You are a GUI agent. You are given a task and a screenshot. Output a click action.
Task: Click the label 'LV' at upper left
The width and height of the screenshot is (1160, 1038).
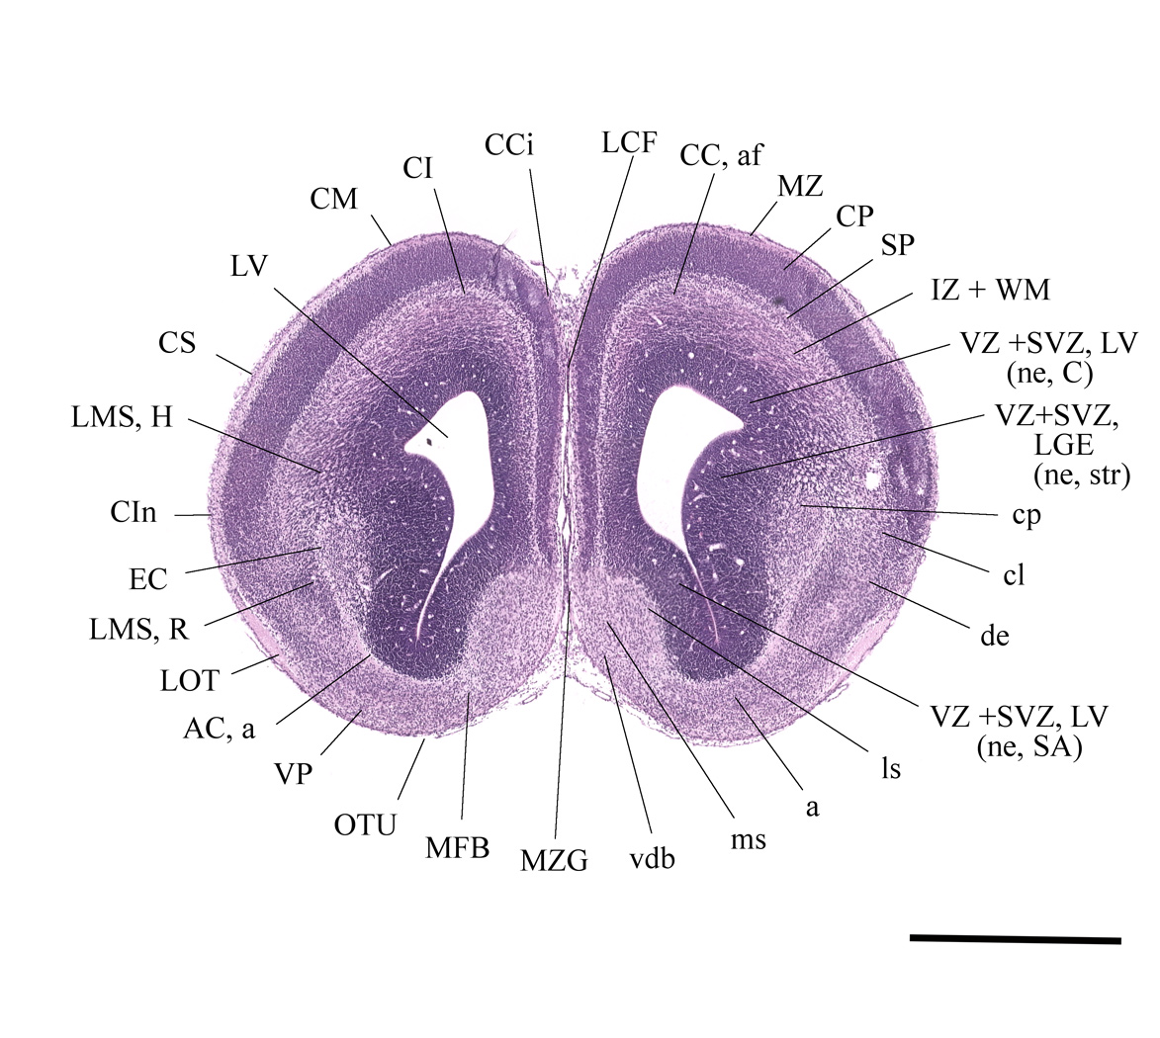[248, 266]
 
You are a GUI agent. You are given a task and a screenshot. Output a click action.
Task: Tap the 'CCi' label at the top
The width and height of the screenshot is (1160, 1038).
[509, 145]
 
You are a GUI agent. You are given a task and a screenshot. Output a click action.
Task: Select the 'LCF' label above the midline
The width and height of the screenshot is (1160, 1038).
[629, 142]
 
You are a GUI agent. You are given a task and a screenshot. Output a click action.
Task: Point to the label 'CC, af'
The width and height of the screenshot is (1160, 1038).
[721, 155]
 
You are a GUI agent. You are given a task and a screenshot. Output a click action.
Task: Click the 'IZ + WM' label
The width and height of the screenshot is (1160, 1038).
[990, 290]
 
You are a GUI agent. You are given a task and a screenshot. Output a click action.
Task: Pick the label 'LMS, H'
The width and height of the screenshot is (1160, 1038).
[122, 418]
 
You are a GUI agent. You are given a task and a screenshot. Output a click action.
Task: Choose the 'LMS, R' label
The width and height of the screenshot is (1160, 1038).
[139, 629]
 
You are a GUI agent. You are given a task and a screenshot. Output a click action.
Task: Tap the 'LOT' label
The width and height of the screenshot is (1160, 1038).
[190, 680]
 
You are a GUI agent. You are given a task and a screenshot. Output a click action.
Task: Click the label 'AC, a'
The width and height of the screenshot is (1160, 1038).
[219, 729]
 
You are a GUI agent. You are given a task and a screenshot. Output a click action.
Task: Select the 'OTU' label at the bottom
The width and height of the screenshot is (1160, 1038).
[366, 824]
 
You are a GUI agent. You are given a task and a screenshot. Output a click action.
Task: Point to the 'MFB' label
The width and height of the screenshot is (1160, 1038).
[457, 848]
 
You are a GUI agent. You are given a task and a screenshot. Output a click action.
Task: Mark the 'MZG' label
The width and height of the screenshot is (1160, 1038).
[554, 861]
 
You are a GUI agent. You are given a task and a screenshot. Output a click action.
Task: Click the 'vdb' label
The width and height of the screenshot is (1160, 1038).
[653, 858]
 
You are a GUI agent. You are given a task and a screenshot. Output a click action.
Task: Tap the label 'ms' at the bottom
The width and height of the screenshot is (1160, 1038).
[748, 840]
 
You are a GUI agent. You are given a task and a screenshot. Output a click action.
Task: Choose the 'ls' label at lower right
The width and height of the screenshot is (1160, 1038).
[891, 769]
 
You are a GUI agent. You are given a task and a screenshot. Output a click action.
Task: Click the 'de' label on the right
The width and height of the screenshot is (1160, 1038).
[994, 636]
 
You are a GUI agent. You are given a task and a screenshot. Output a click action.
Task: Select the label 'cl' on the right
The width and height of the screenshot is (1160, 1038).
[1014, 574]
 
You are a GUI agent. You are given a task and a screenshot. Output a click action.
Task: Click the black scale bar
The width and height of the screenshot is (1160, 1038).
[1015, 939]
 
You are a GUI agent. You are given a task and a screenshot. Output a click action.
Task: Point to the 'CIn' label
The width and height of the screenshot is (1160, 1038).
[134, 512]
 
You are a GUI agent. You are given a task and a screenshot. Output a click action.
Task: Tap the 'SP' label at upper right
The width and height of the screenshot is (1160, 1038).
[897, 245]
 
